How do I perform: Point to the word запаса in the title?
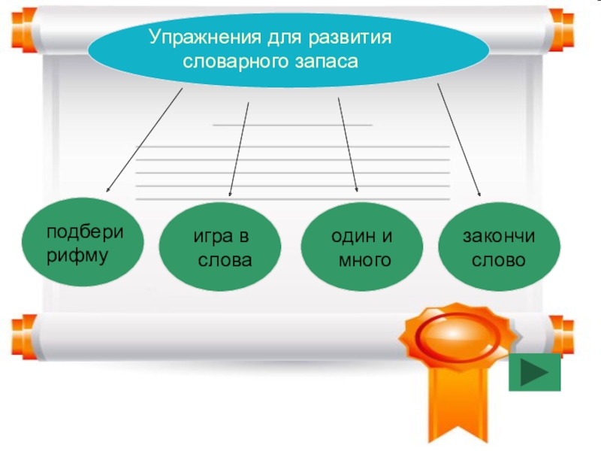tap(325, 61)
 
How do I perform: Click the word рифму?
tap(78, 255)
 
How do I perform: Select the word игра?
tap(213, 238)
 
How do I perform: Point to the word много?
tap(364, 261)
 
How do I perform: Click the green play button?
tap(534, 372)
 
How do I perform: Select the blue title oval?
tap(289, 49)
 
